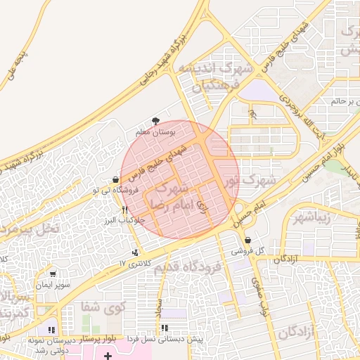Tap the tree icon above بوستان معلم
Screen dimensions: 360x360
coord(155,122)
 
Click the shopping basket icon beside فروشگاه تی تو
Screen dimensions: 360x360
coord(115,179)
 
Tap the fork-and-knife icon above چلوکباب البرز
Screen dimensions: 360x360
coord(124,210)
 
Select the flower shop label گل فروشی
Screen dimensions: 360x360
coord(251,250)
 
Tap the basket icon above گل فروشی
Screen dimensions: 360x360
coord(247,240)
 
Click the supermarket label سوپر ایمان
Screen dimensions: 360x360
coord(55,285)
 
